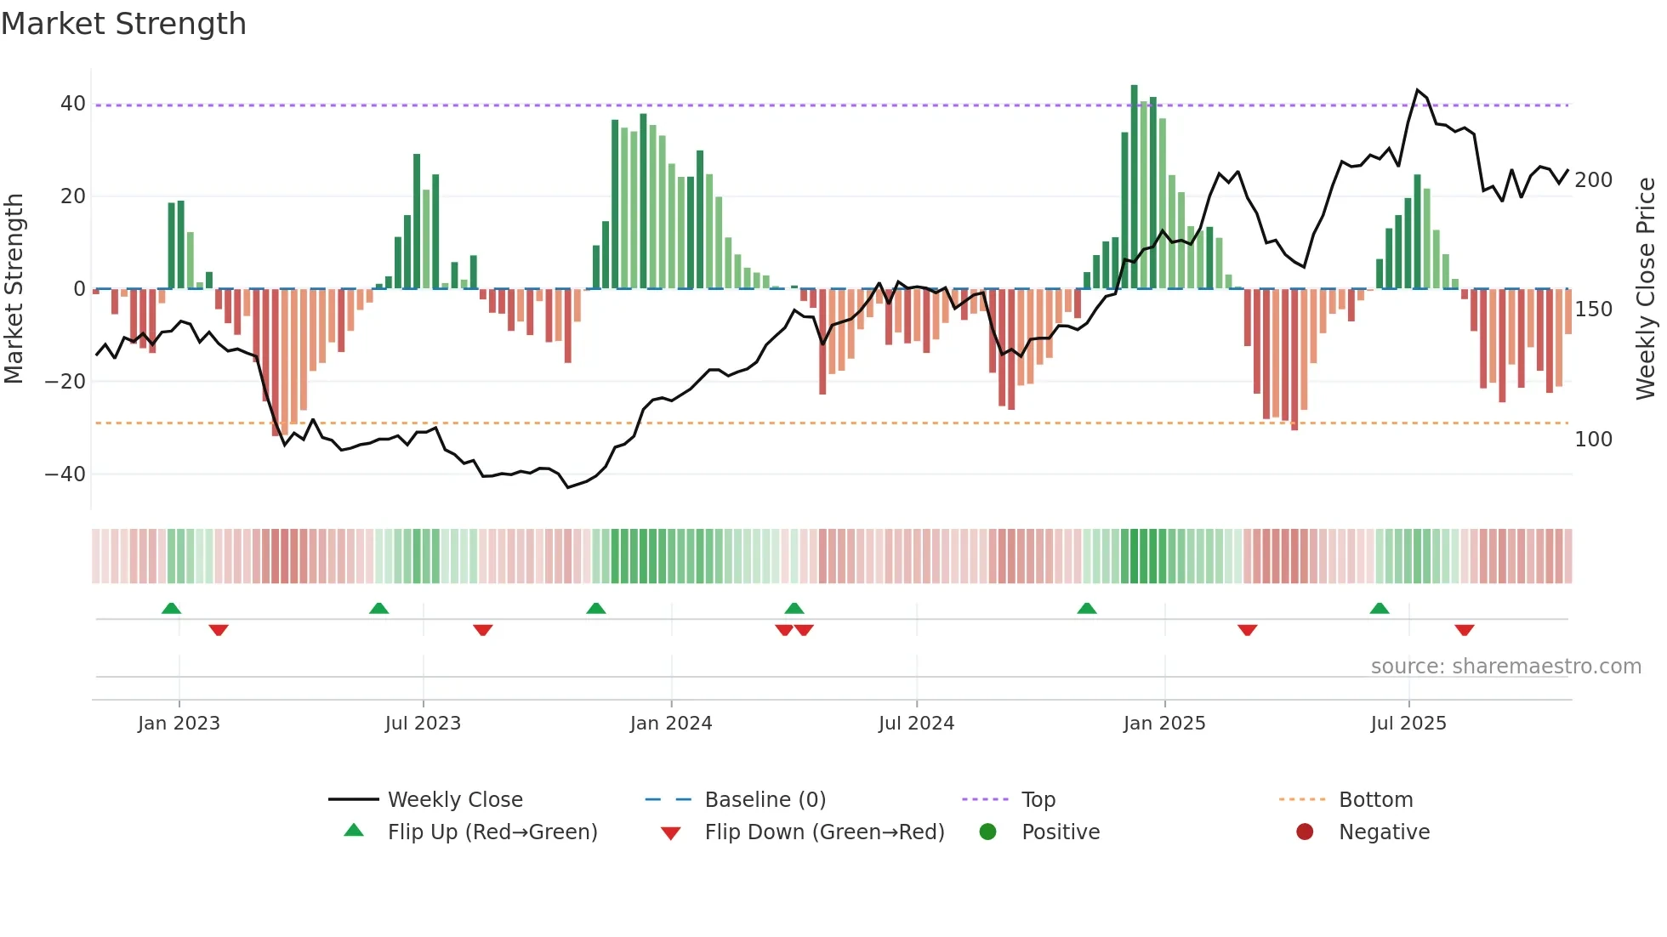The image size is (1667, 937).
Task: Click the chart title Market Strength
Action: pyautogui.click(x=124, y=24)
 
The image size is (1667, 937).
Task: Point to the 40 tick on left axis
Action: pyautogui.click(x=73, y=104)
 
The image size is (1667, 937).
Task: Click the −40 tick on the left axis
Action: pyautogui.click(x=65, y=474)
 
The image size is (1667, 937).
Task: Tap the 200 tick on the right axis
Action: pyautogui.click(x=1593, y=180)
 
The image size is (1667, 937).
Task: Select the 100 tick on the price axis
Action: pyautogui.click(x=1593, y=440)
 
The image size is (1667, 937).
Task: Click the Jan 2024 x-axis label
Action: pyautogui.click(x=671, y=724)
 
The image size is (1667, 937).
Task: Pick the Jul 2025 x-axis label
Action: pyautogui.click(x=1408, y=724)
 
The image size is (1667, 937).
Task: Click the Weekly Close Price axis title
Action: pyautogui.click(x=1646, y=289)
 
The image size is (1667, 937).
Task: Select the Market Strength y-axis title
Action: pyautogui.click(x=14, y=289)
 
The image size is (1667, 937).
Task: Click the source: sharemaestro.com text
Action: pyautogui.click(x=1505, y=667)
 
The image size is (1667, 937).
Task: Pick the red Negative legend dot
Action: pyautogui.click(x=1305, y=832)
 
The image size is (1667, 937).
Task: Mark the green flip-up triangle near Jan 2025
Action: pyautogui.click(x=1086, y=609)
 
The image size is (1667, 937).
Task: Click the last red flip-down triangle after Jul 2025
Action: pyautogui.click(x=1464, y=630)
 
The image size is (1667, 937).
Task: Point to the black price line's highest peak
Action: pyautogui.click(x=1417, y=90)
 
